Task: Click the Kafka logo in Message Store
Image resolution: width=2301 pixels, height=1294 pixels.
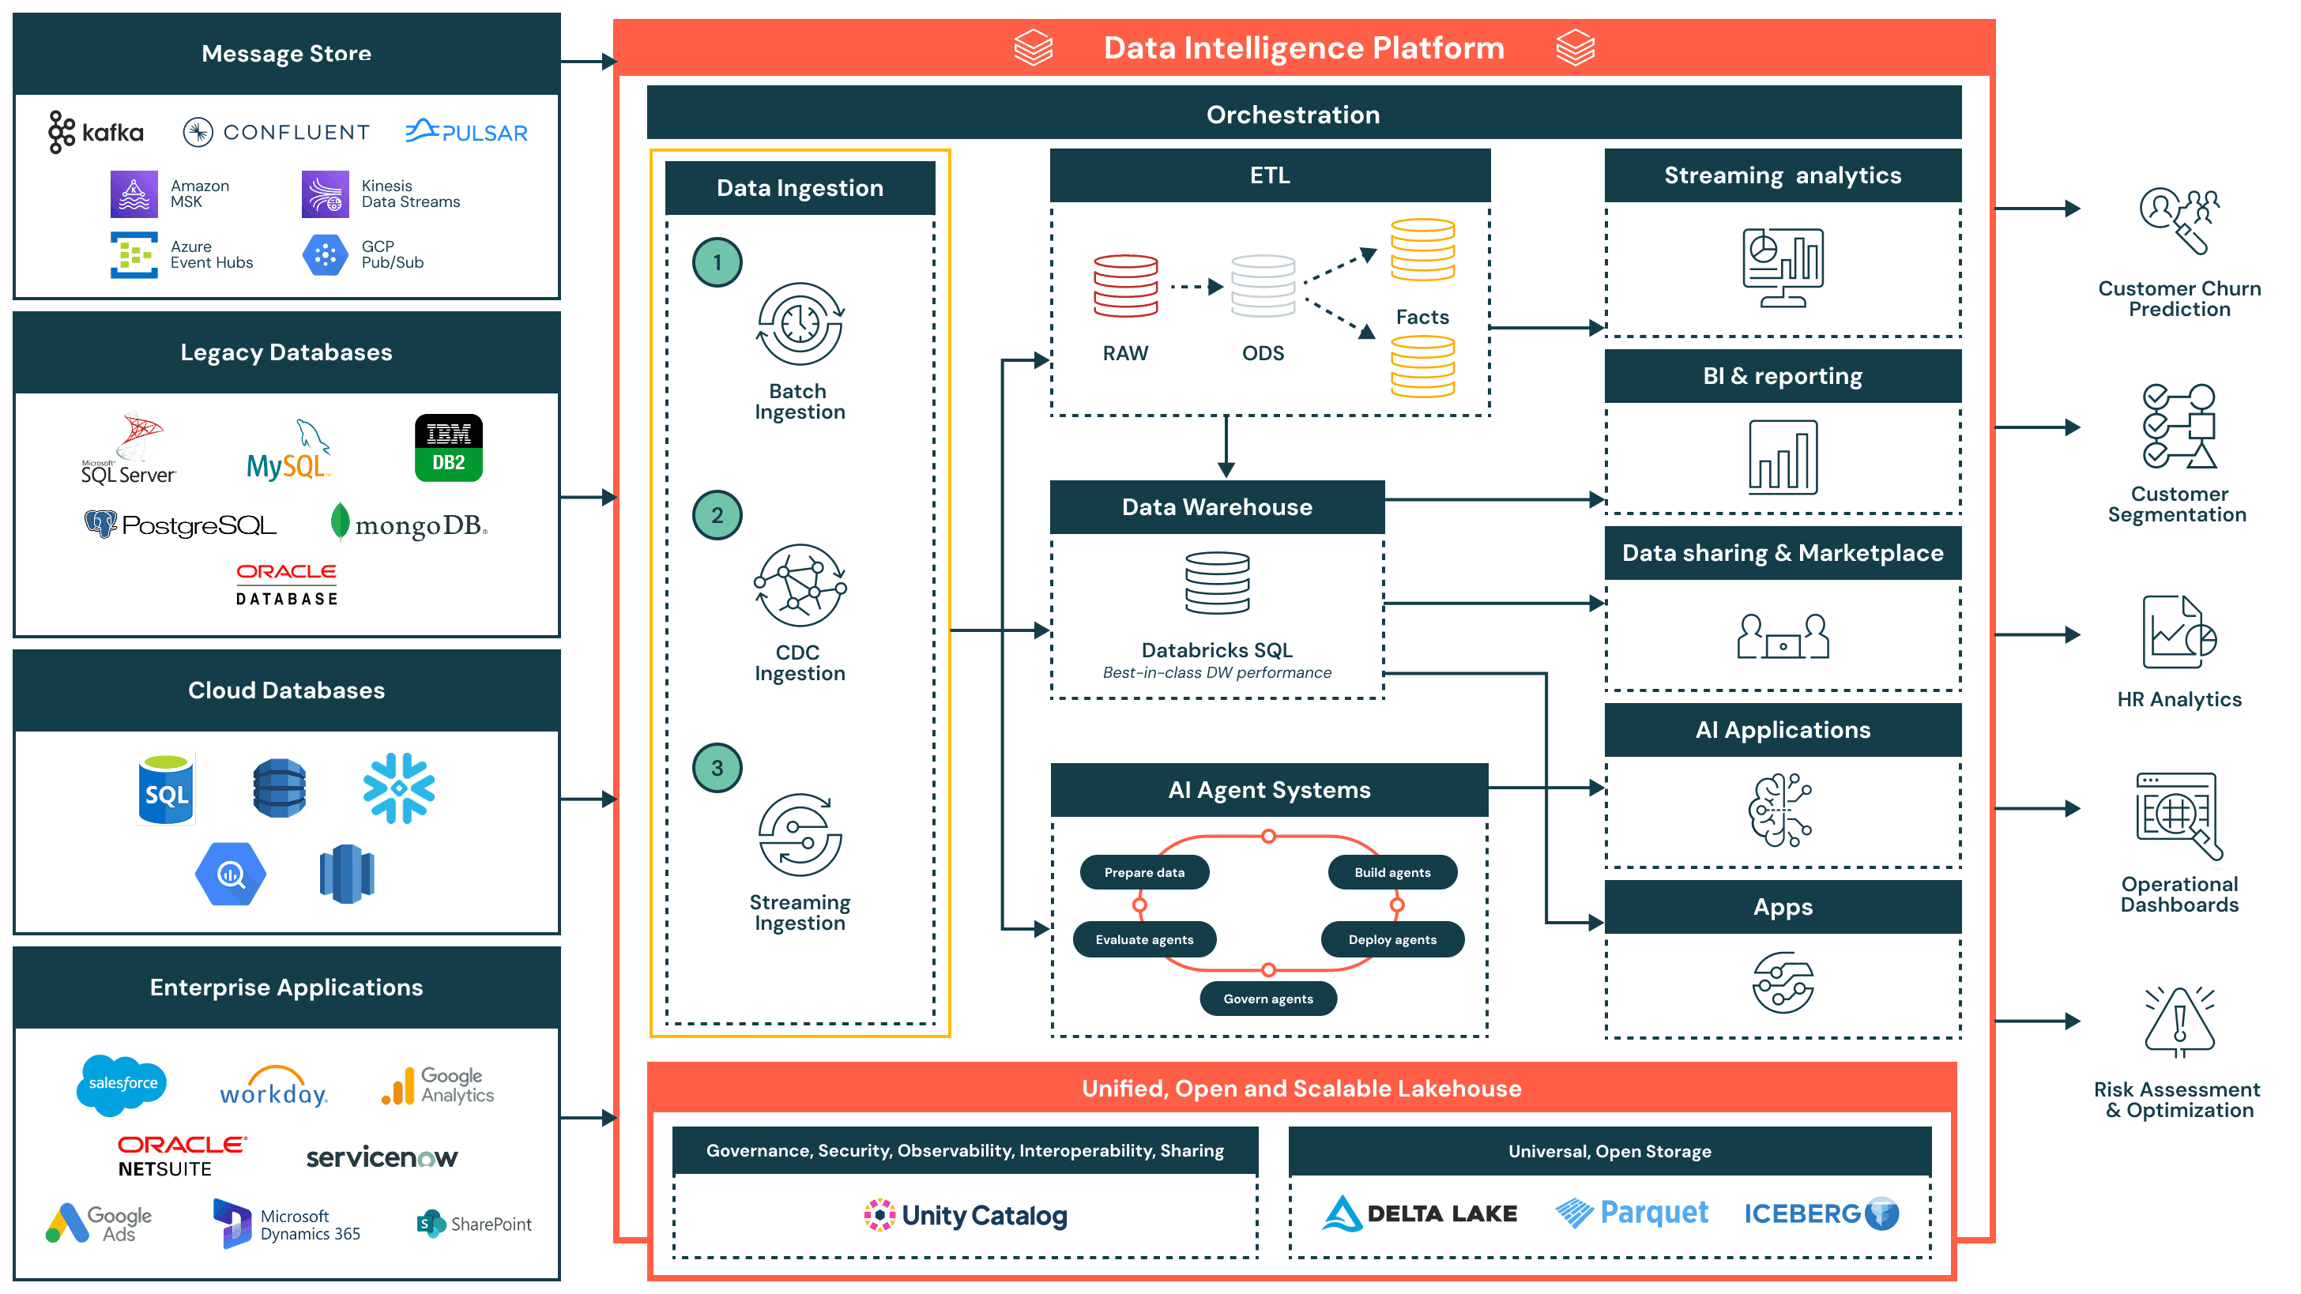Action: click(96, 132)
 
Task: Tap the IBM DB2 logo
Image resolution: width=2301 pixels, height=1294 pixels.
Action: click(448, 447)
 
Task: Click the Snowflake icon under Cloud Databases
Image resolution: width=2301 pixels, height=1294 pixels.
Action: click(398, 788)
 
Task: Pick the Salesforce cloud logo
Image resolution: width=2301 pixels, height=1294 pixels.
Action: click(122, 1084)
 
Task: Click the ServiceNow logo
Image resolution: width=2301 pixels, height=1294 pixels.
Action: click(382, 1158)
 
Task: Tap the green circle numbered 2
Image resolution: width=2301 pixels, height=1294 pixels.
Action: click(717, 515)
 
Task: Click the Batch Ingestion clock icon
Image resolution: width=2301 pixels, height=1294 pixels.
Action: click(800, 324)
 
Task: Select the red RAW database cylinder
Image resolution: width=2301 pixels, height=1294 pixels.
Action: click(1125, 286)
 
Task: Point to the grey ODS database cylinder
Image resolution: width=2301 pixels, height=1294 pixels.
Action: click(1262, 286)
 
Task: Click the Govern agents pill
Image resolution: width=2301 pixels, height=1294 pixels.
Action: click(1267, 999)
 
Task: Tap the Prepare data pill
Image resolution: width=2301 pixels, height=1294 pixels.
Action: click(1143, 872)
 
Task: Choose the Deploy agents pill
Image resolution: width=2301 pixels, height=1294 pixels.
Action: click(1392, 939)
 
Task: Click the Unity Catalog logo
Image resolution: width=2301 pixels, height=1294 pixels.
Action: click(966, 1216)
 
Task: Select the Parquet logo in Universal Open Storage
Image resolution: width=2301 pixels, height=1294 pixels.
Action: click(1631, 1213)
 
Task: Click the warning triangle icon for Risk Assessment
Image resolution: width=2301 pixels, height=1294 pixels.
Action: click(2179, 1021)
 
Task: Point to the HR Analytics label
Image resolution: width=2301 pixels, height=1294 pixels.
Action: click(2179, 699)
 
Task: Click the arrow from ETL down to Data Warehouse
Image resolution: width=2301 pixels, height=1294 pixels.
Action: click(1226, 446)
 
